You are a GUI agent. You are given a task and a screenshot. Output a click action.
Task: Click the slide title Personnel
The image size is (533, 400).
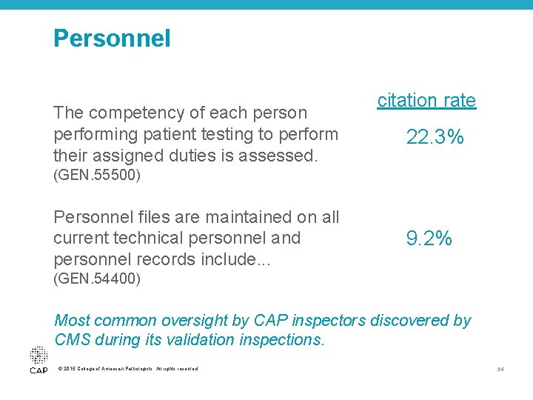pyautogui.click(x=112, y=38)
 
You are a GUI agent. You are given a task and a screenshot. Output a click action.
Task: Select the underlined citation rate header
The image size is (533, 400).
pyautogui.click(x=426, y=100)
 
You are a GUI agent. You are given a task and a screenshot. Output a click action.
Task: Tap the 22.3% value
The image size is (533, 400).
pyautogui.click(x=435, y=137)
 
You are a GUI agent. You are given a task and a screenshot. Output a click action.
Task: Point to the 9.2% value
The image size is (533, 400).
pyautogui.click(x=429, y=238)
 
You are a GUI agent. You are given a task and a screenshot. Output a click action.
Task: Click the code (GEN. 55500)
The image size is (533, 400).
pyautogui.click(x=97, y=176)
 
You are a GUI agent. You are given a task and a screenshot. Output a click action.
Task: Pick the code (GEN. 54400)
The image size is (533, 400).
pyautogui.click(x=97, y=279)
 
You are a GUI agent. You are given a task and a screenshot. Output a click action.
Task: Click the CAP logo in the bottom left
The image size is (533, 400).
pyautogui.click(x=38, y=361)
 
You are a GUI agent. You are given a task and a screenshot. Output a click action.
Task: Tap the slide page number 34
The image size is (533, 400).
pyautogui.click(x=500, y=369)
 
